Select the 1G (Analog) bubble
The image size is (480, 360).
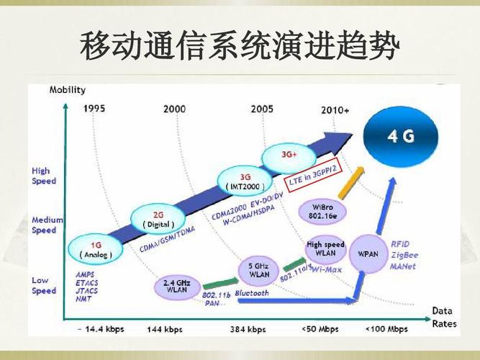tap(96, 249)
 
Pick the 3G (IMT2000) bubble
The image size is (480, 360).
tap(245, 181)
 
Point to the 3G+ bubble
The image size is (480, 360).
tap(289, 155)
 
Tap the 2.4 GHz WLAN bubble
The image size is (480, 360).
tap(176, 285)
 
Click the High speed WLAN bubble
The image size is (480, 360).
tap(325, 249)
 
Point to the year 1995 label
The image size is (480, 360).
tap(94, 109)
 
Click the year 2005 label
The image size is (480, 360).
tap(262, 109)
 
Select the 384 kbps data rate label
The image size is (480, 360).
tap(249, 329)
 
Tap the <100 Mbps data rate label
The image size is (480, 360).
tap(386, 329)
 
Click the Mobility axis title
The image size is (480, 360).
tap(67, 90)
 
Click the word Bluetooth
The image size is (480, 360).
tap(251, 294)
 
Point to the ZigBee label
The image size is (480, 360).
tap(403, 255)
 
